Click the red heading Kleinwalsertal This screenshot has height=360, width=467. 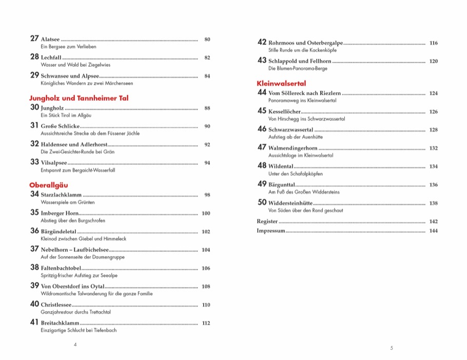click(281, 83)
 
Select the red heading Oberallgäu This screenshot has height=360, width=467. click(49, 185)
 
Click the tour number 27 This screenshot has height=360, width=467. click(34, 39)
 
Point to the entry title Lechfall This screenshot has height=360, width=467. click(50, 58)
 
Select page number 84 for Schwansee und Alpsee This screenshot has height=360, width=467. click(207, 76)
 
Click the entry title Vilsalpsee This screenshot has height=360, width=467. click(53, 163)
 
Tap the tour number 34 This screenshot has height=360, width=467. click(34, 194)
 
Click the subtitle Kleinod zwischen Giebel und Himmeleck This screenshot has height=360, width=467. click(83, 239)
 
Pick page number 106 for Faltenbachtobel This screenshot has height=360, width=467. click(206, 268)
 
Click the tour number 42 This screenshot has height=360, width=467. click(262, 42)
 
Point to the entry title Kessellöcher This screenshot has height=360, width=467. click(284, 111)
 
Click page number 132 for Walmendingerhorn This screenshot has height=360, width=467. click(433, 148)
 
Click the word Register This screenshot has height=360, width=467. click(267, 221)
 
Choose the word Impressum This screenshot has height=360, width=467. click(270, 231)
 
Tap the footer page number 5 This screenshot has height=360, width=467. click(391, 348)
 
